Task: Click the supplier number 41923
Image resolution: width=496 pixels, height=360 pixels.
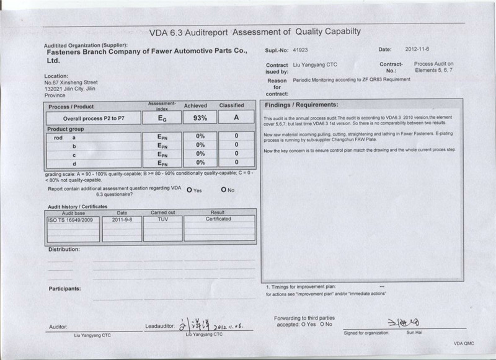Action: (x=301, y=50)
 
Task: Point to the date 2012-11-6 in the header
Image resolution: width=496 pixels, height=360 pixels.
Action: (x=418, y=50)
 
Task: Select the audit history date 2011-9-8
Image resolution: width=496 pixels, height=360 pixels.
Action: (x=122, y=219)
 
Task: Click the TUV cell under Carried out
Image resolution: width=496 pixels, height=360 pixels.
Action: (x=163, y=219)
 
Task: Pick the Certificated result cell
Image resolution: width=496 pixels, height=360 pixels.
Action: (x=218, y=219)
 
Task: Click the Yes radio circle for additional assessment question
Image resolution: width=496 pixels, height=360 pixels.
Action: (x=188, y=190)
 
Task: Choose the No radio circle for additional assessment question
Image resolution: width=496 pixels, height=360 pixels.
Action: (x=223, y=190)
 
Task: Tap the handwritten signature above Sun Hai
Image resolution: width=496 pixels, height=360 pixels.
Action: (x=404, y=323)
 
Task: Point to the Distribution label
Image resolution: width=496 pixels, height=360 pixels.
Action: (x=64, y=249)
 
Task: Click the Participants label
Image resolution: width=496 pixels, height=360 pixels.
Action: (x=64, y=289)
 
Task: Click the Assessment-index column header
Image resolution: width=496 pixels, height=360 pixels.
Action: (x=162, y=105)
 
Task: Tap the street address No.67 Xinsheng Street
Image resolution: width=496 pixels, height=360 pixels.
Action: (x=71, y=82)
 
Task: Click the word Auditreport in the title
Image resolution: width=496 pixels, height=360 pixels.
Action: (x=208, y=32)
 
